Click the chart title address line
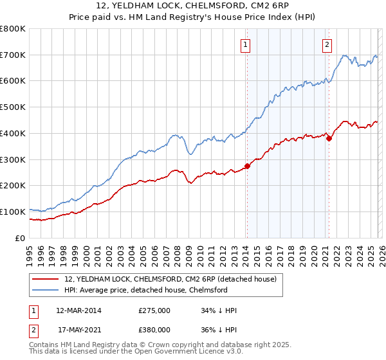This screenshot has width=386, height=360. pyautogui.click(x=193, y=6)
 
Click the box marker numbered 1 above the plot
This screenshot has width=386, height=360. pyautogui.click(x=246, y=45)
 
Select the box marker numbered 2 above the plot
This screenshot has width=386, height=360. pyautogui.click(x=327, y=45)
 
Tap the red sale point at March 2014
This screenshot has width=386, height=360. pyautogui.click(x=247, y=166)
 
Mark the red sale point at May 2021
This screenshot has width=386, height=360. pyautogui.click(x=329, y=138)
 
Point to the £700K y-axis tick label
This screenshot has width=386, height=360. pyautogui.click(x=13, y=55)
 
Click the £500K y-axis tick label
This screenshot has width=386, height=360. pyautogui.click(x=13, y=107)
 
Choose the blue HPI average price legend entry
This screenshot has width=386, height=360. pyautogui.click(x=155, y=290)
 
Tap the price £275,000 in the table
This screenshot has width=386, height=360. pyautogui.click(x=154, y=310)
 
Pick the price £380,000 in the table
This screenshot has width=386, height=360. pyautogui.click(x=154, y=329)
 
